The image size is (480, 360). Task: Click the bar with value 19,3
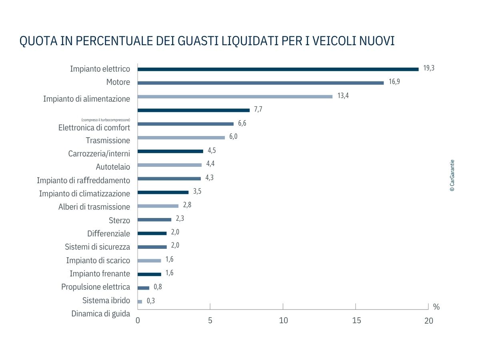coord(278,69)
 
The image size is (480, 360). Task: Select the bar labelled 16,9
coord(260,83)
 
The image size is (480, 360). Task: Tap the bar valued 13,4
coord(235,96)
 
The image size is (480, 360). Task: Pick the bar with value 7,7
coord(194,110)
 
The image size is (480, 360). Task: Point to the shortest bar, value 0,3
coord(140,302)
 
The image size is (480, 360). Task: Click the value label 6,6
coord(242,123)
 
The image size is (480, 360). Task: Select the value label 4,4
coord(211,164)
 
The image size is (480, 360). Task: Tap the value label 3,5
coord(197,191)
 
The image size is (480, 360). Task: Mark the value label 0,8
coord(158,286)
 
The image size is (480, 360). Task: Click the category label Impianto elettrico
coord(100,69)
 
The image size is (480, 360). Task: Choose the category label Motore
coord(118,82)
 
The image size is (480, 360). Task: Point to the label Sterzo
coord(119,220)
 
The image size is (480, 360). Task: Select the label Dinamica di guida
coord(101,314)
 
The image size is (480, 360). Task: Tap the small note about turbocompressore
coord(106,120)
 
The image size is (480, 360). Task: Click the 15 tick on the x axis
coord(356,321)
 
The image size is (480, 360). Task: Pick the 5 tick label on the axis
coord(210,321)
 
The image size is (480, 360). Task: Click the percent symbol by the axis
coord(436,307)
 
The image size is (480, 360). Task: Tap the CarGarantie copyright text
coord(452,176)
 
